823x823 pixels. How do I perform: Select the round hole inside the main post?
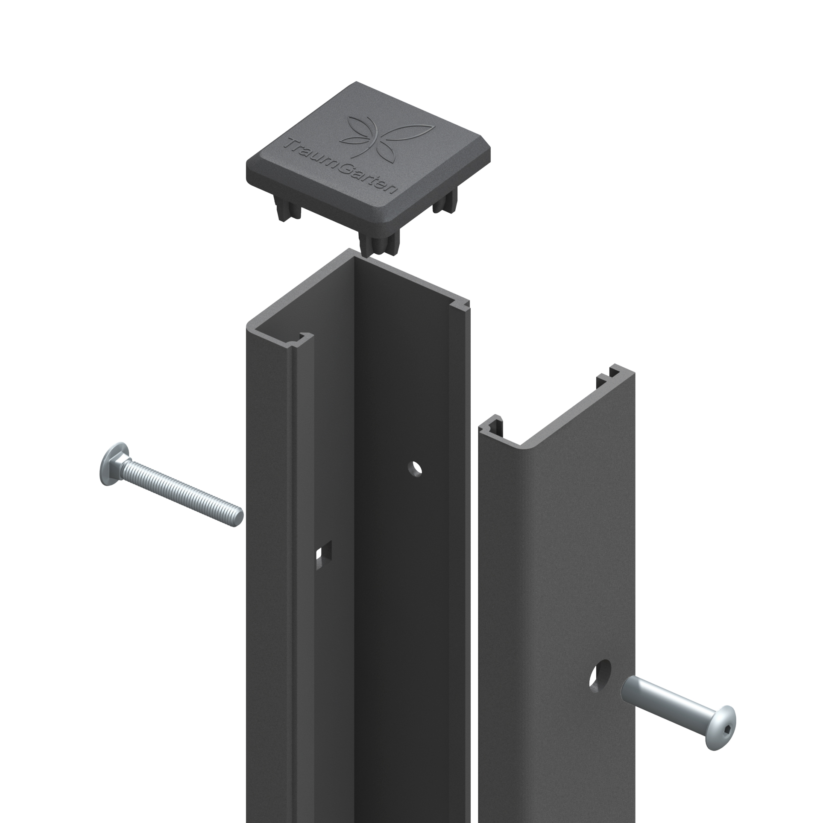[414, 468]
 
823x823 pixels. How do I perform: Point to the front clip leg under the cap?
[376, 246]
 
